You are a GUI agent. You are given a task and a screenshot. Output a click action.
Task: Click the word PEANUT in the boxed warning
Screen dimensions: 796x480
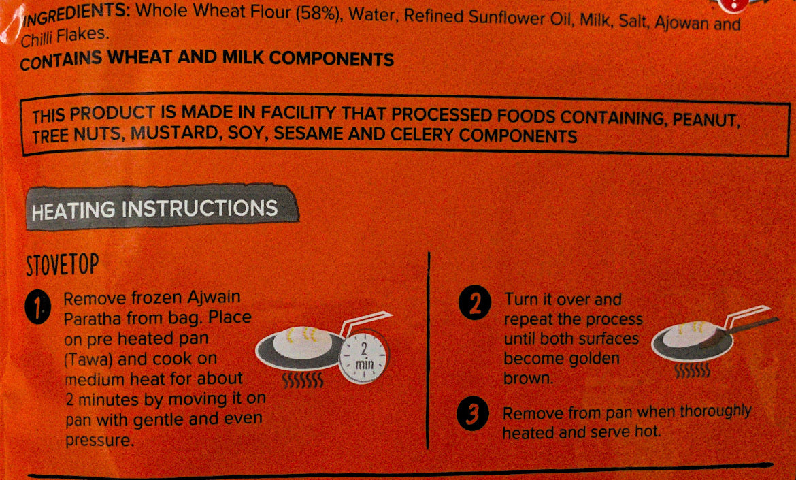(x=704, y=120)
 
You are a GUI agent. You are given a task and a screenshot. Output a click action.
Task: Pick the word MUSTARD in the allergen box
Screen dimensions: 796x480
(x=174, y=133)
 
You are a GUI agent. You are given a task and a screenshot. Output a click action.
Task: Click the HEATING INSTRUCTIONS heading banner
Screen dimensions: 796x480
(x=161, y=208)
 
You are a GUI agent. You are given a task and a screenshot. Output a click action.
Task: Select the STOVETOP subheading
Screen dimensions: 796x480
(x=62, y=265)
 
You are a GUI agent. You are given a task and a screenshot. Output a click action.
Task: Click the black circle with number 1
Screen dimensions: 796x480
(x=37, y=308)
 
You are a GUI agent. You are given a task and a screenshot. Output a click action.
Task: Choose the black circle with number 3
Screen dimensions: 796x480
(x=472, y=414)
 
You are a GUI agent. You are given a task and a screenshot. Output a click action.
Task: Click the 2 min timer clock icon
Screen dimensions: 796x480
(x=363, y=357)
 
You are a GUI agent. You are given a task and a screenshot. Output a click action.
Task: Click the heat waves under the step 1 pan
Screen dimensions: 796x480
(x=303, y=381)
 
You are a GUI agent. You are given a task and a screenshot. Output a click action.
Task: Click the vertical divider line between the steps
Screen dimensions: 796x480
(x=429, y=351)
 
